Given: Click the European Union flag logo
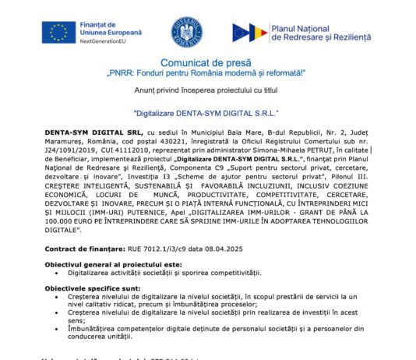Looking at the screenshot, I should [x=59, y=32].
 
